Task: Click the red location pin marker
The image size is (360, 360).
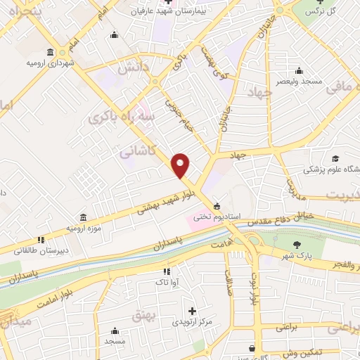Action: (181, 165)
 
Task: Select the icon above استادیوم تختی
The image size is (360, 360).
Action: (217, 205)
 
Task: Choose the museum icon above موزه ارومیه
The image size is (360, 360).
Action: (84, 216)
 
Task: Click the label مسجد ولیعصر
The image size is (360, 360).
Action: (300, 81)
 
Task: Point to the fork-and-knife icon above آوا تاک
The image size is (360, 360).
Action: (167, 271)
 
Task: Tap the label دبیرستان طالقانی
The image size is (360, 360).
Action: (41, 250)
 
